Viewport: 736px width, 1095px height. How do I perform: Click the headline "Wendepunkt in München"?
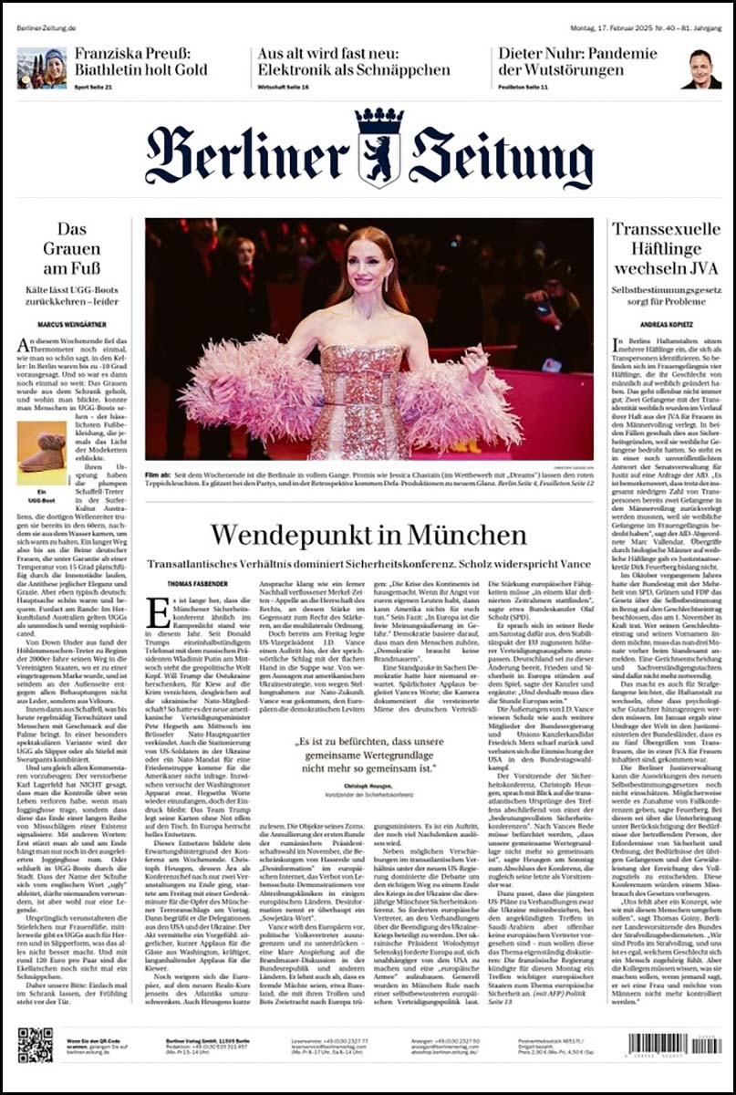coord(368,535)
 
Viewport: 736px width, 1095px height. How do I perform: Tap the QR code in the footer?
coord(35,1045)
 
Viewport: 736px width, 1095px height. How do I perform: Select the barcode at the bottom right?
coord(674,1044)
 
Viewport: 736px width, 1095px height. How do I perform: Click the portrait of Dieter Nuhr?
coord(700,69)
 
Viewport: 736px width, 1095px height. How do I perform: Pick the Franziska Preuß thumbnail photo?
coord(41,68)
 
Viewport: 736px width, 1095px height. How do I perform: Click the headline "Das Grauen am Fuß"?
coord(72,249)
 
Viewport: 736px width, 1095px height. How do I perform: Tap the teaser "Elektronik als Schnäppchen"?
coord(353,70)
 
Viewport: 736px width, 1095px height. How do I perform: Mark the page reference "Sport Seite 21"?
coord(93,87)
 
